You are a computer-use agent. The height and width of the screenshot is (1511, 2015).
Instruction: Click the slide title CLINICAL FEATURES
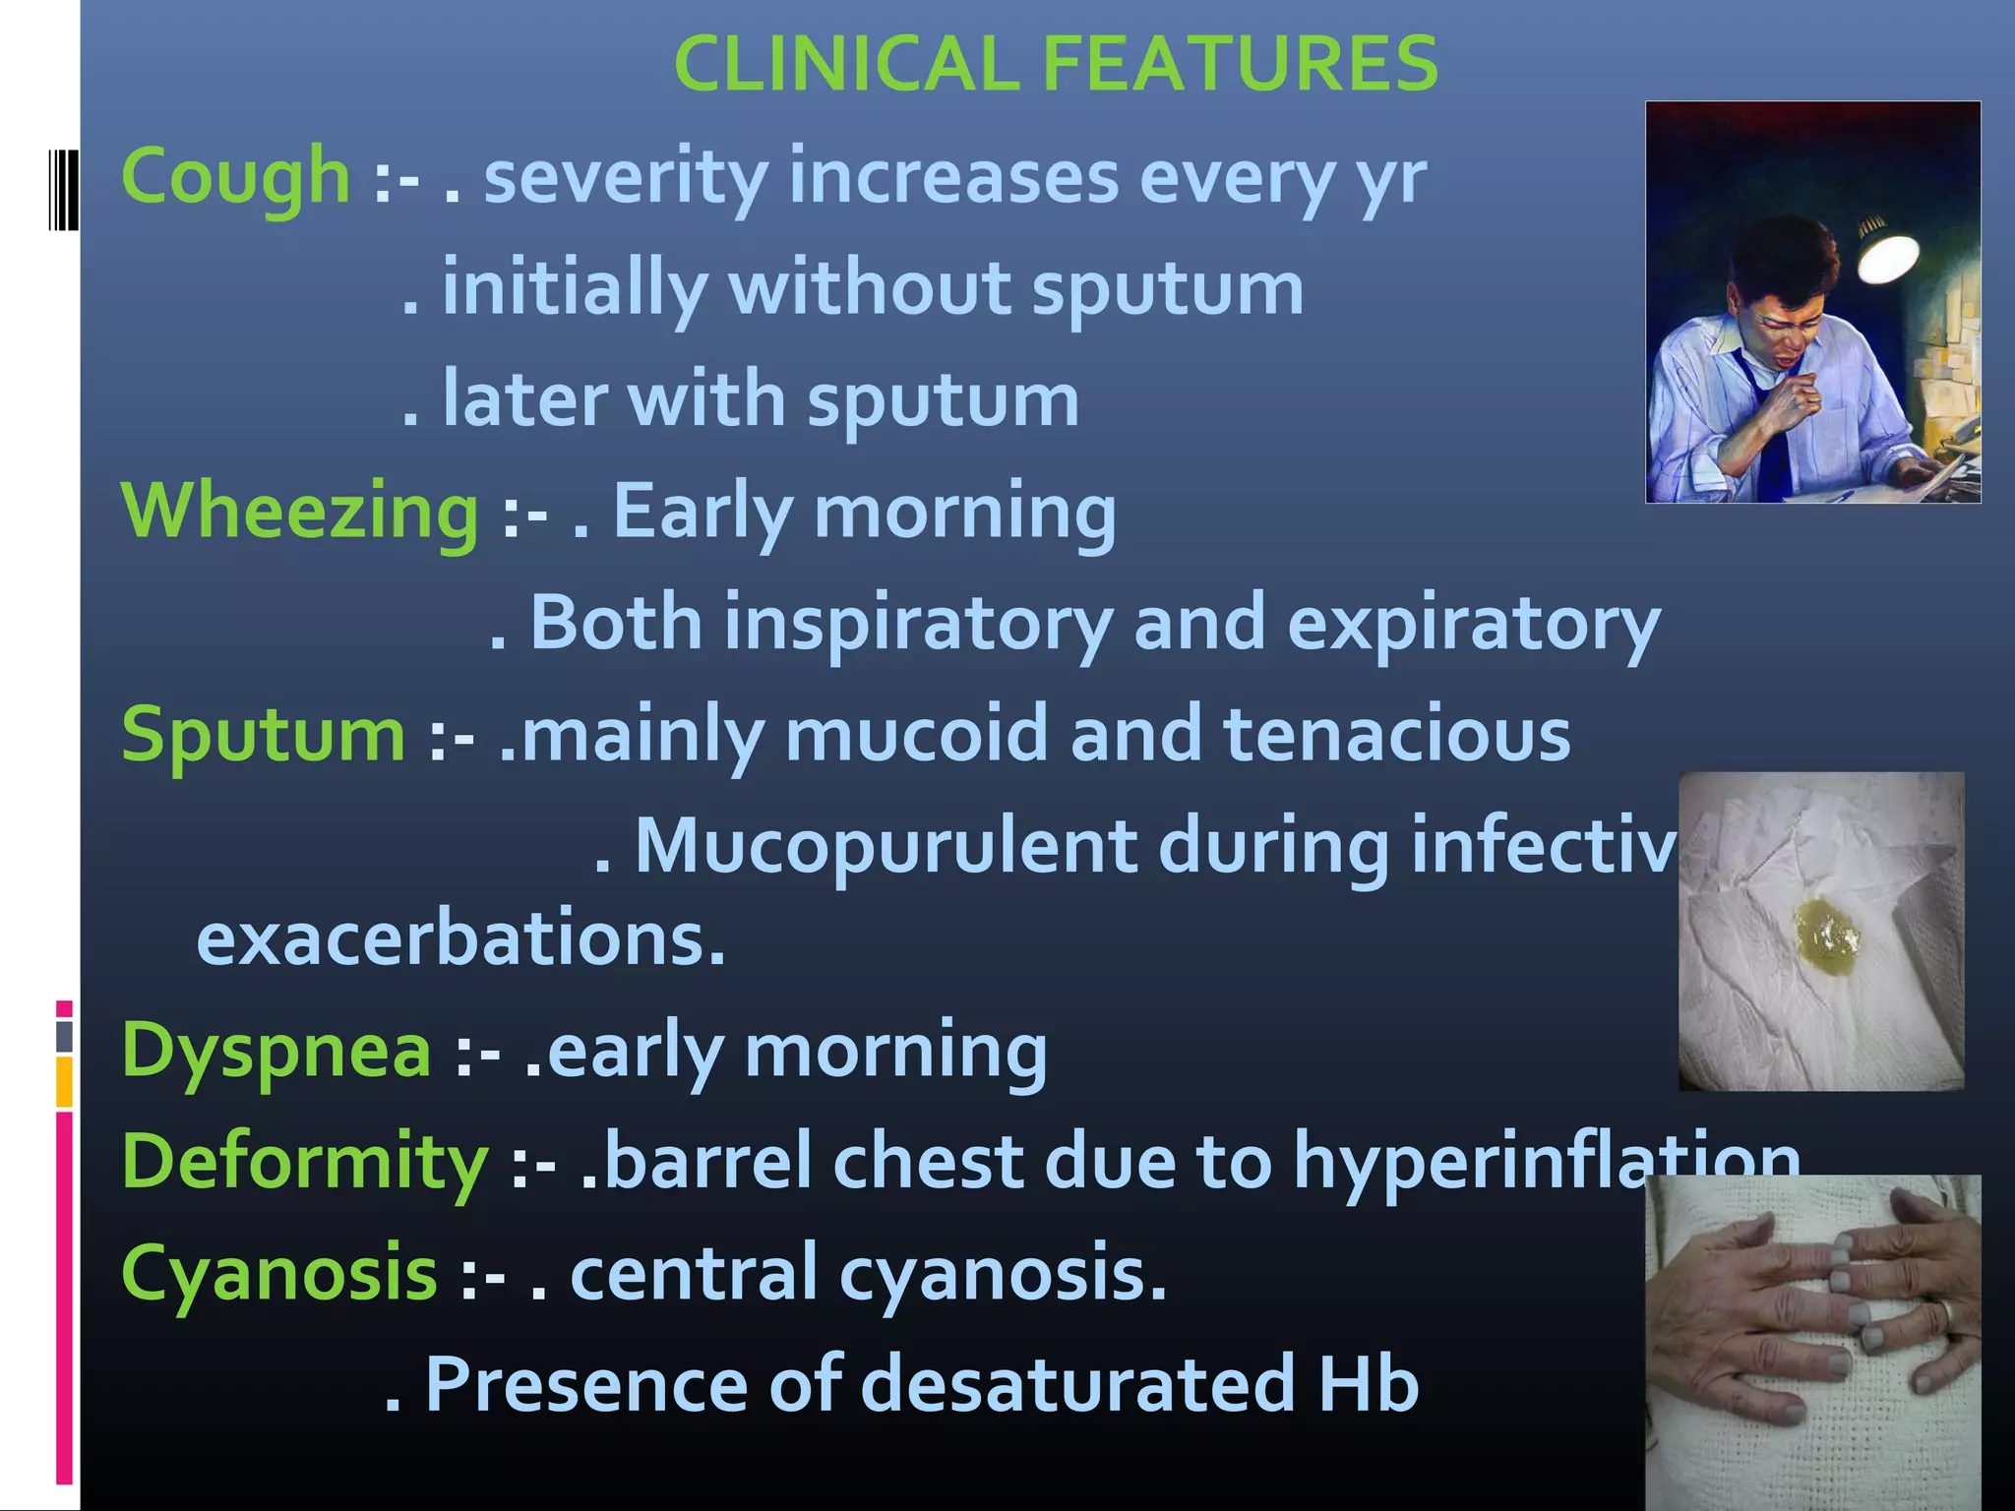1056,64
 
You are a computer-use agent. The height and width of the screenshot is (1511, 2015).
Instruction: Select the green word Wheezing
299,512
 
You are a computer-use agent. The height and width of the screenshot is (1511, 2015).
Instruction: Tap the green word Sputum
263,735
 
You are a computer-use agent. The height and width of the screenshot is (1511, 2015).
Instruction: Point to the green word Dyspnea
275,1051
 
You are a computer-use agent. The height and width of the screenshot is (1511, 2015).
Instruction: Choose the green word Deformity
304,1162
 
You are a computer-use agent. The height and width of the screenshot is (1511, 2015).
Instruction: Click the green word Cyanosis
278,1273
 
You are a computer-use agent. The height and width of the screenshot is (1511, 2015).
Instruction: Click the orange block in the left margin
64,1082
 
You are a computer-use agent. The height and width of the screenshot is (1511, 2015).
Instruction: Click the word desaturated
1076,1385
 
